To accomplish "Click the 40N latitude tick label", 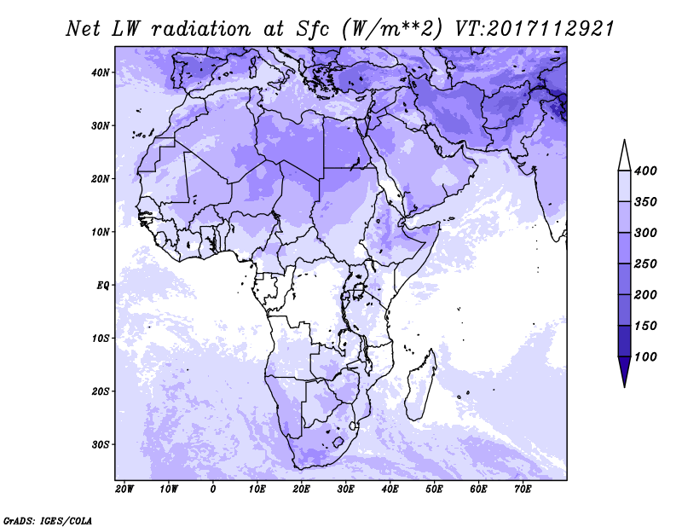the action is (101, 72).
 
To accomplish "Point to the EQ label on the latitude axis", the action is (102, 286).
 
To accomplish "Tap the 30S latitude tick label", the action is (101, 445).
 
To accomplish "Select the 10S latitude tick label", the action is (101, 339).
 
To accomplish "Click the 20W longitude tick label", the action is (124, 489).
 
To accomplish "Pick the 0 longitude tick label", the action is (212, 489).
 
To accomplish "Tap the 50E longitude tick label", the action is (434, 489).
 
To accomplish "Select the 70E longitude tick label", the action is (523, 489).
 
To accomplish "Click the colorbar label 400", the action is (645, 171).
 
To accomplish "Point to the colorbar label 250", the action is (645, 263).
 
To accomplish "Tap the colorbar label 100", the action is (645, 356).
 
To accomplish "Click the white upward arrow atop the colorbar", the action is (625, 158).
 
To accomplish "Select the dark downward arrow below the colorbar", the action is (625, 369).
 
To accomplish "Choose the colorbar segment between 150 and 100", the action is (625, 341).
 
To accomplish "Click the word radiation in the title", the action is (201, 30).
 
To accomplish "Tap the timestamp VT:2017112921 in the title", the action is (535, 29).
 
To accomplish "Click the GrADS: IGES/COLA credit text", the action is (48, 521).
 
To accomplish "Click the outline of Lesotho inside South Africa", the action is (338, 443).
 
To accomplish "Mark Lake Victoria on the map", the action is (358, 289).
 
